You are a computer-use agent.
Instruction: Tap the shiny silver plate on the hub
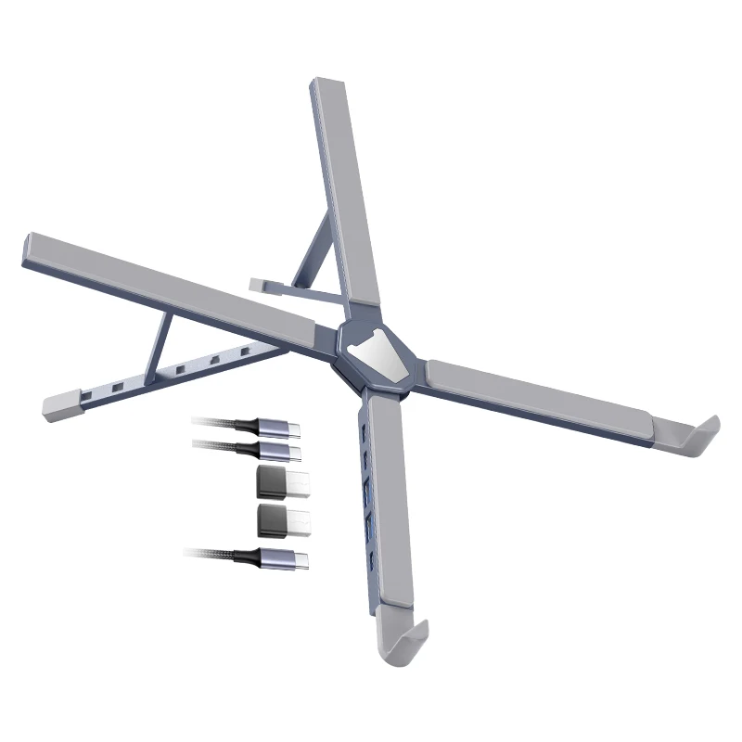pyautogui.click(x=378, y=356)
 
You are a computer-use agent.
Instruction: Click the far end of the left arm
pyautogui.click(x=32, y=249)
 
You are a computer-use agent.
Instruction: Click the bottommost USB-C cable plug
pyautogui.click(x=288, y=558)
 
